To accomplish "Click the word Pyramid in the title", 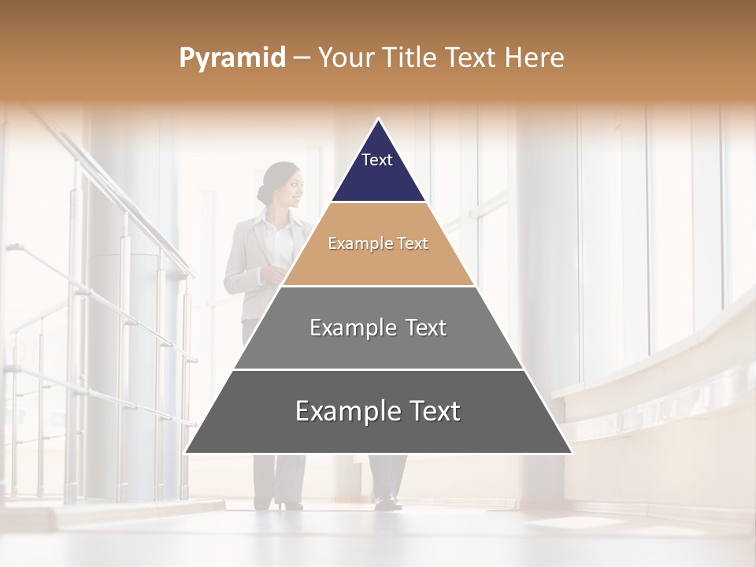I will (x=232, y=58).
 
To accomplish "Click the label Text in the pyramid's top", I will (x=376, y=160).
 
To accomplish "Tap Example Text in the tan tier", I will (x=378, y=243).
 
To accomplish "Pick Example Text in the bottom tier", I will (x=378, y=411).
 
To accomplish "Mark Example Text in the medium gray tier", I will (x=378, y=328).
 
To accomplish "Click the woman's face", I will (x=291, y=188).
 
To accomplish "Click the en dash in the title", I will (x=301, y=58).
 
